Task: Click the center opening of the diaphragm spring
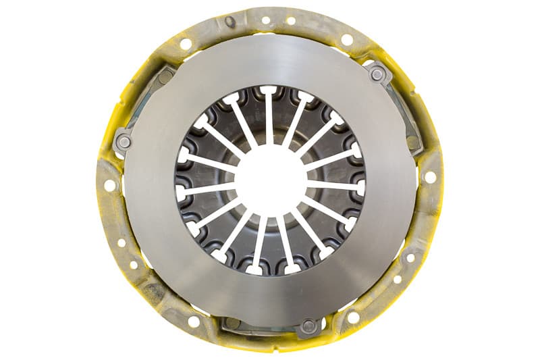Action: [270, 180]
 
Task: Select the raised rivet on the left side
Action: [124, 142]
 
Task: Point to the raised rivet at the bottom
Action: [308, 326]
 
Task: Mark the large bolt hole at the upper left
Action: [186, 44]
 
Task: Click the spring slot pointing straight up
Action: [269, 108]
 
